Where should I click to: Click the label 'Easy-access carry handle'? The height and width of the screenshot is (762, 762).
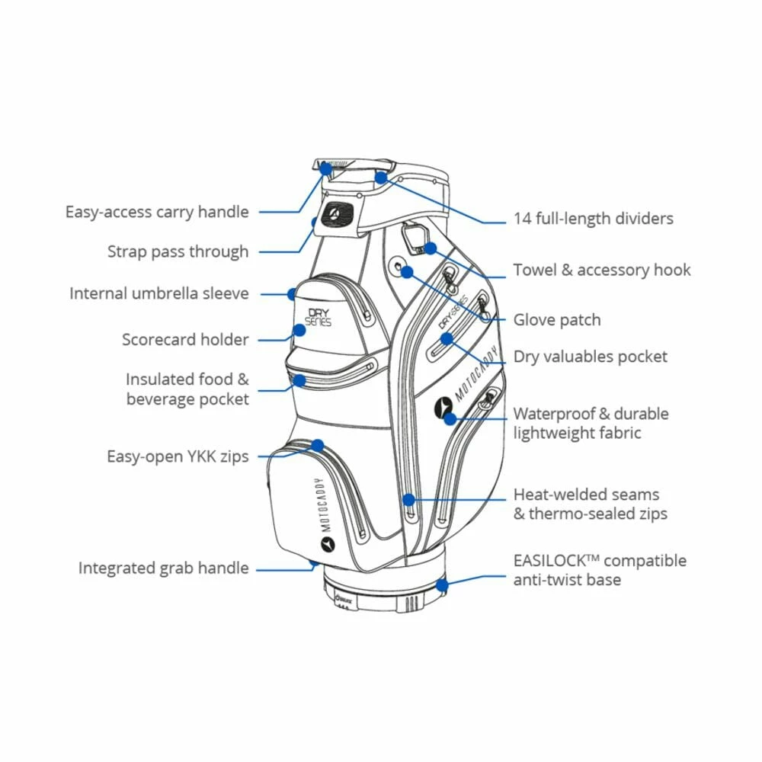(x=157, y=212)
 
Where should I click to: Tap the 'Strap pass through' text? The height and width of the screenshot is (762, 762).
(x=178, y=251)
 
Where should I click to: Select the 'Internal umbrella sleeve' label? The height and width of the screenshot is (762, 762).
(x=159, y=293)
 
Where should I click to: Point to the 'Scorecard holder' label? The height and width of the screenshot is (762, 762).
(x=185, y=339)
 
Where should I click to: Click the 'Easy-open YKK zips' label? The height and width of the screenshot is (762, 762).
(x=178, y=456)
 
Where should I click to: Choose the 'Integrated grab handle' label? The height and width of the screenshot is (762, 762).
(x=163, y=568)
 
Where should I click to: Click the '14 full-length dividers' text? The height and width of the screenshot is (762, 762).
(x=593, y=219)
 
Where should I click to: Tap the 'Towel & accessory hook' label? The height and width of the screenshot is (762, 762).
(x=602, y=270)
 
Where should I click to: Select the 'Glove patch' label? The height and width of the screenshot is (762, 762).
(x=556, y=320)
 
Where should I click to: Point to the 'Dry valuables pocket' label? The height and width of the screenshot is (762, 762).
(x=590, y=357)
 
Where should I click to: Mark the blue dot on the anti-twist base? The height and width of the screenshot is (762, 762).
(x=442, y=585)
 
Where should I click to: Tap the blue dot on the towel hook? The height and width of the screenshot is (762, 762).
(x=431, y=248)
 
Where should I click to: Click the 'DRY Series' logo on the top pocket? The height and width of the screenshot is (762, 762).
(x=319, y=316)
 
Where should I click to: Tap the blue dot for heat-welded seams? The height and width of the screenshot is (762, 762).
(x=408, y=500)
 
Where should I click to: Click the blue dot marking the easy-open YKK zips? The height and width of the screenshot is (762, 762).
(x=317, y=445)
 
